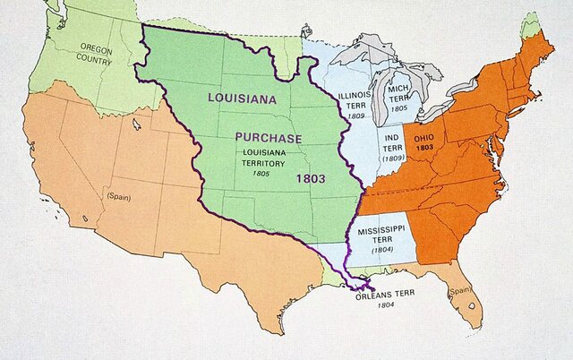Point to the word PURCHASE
coord(269,138)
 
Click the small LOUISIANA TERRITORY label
coord(269,159)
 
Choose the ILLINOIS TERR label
coord(352,100)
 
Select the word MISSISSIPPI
coord(381,230)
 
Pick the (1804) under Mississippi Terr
coord(380,251)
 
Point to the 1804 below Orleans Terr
coord(386,305)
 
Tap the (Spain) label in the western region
coord(117,194)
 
